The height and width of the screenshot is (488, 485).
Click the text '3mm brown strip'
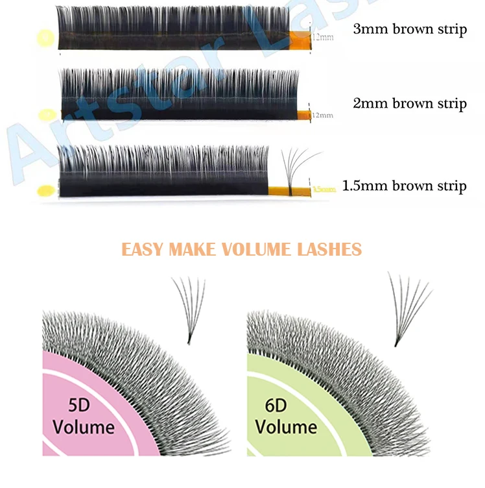tap(410, 29)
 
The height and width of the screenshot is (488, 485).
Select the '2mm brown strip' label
tap(410, 103)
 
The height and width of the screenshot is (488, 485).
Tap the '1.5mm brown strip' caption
tap(404, 186)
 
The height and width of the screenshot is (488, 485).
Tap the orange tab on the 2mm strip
tap(303, 115)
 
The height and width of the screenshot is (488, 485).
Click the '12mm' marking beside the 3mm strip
tap(323, 38)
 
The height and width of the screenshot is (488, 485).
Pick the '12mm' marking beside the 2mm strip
tap(323, 115)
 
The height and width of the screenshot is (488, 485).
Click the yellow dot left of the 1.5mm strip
tap(46, 191)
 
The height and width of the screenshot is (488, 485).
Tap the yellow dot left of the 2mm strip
tap(46, 116)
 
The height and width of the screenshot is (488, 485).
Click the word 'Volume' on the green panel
tap(285, 426)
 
